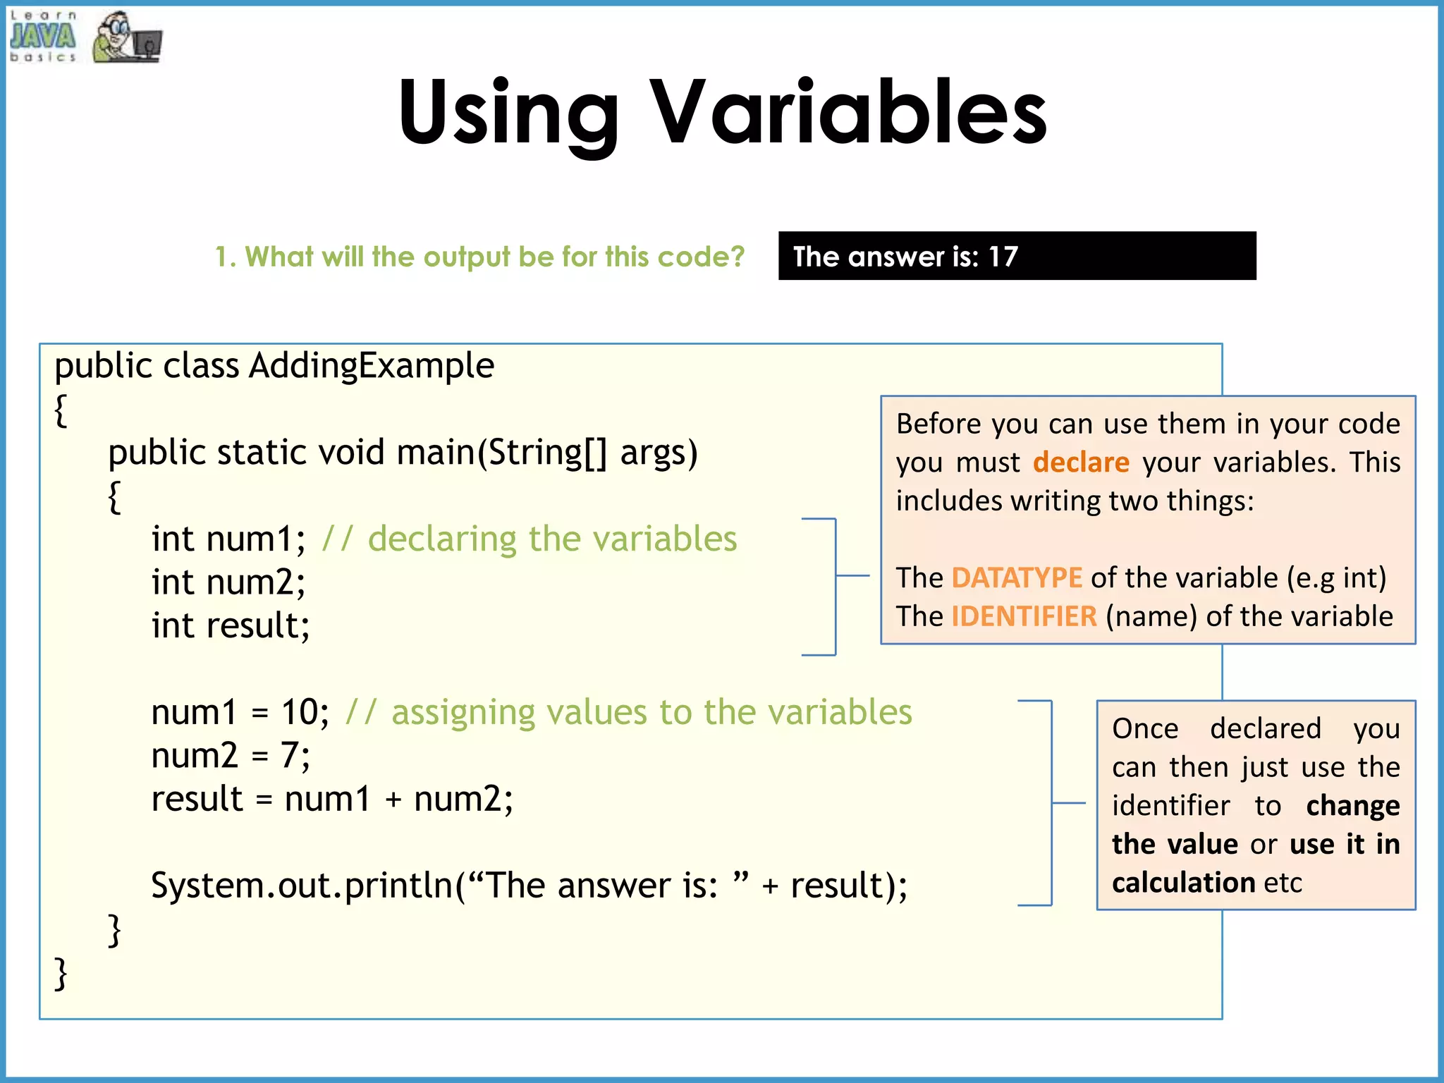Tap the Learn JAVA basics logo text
tap(43, 37)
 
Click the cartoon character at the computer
tap(126, 38)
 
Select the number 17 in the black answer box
tap(1003, 257)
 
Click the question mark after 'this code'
tap(737, 257)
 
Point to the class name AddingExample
tap(372, 366)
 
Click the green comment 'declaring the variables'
tap(552, 539)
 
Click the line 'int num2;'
tap(228, 582)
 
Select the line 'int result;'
tap(231, 626)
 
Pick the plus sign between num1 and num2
tap(393, 800)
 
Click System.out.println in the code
tap(302, 886)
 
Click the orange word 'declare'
tap(1081, 463)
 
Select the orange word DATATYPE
tap(1016, 578)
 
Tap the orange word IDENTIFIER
tap(1024, 617)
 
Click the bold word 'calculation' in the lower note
tap(1183, 883)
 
